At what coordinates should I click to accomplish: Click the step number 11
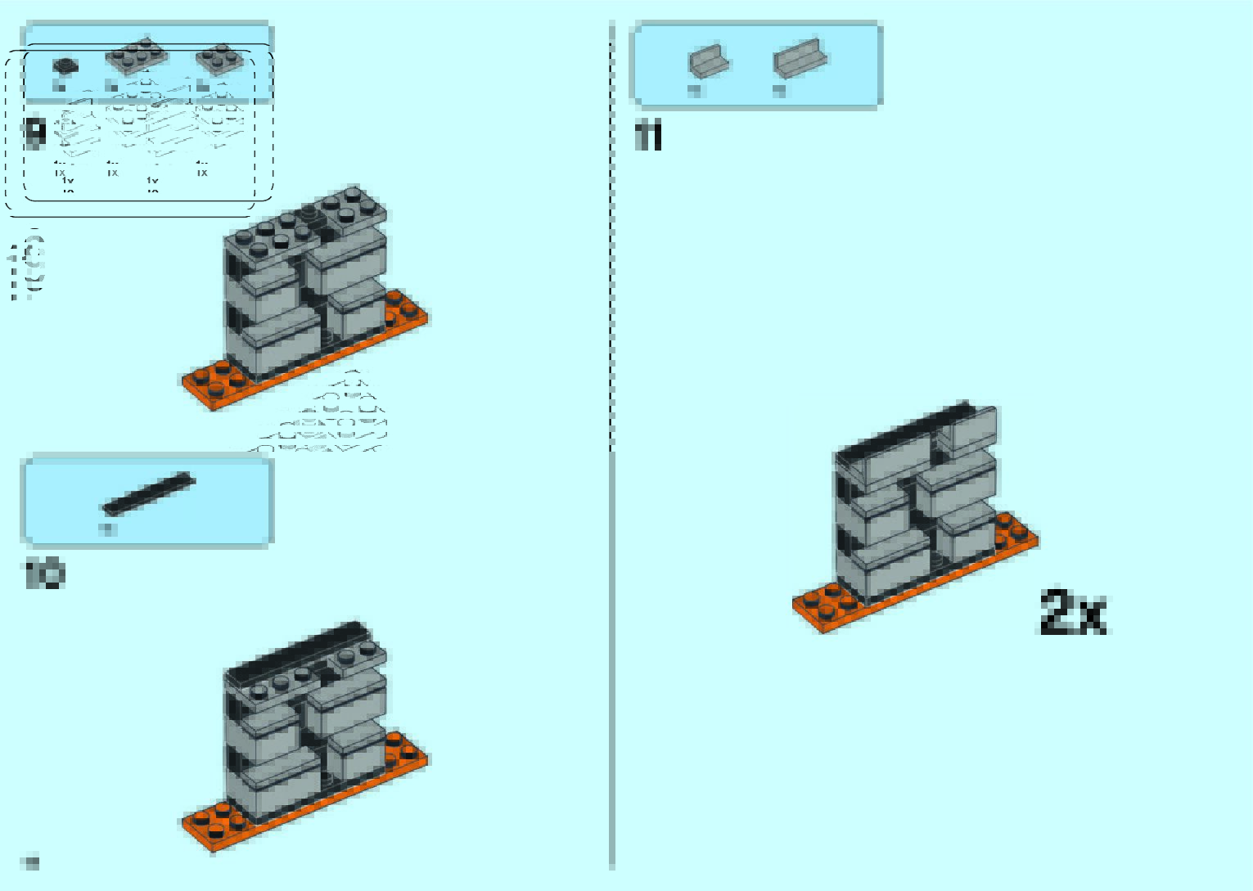tap(648, 136)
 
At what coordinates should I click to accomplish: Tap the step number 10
tap(44, 574)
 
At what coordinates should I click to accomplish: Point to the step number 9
tap(35, 133)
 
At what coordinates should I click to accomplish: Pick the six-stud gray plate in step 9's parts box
tap(136, 58)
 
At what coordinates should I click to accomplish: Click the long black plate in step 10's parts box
tap(149, 493)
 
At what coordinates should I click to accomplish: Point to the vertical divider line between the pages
tap(611, 442)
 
